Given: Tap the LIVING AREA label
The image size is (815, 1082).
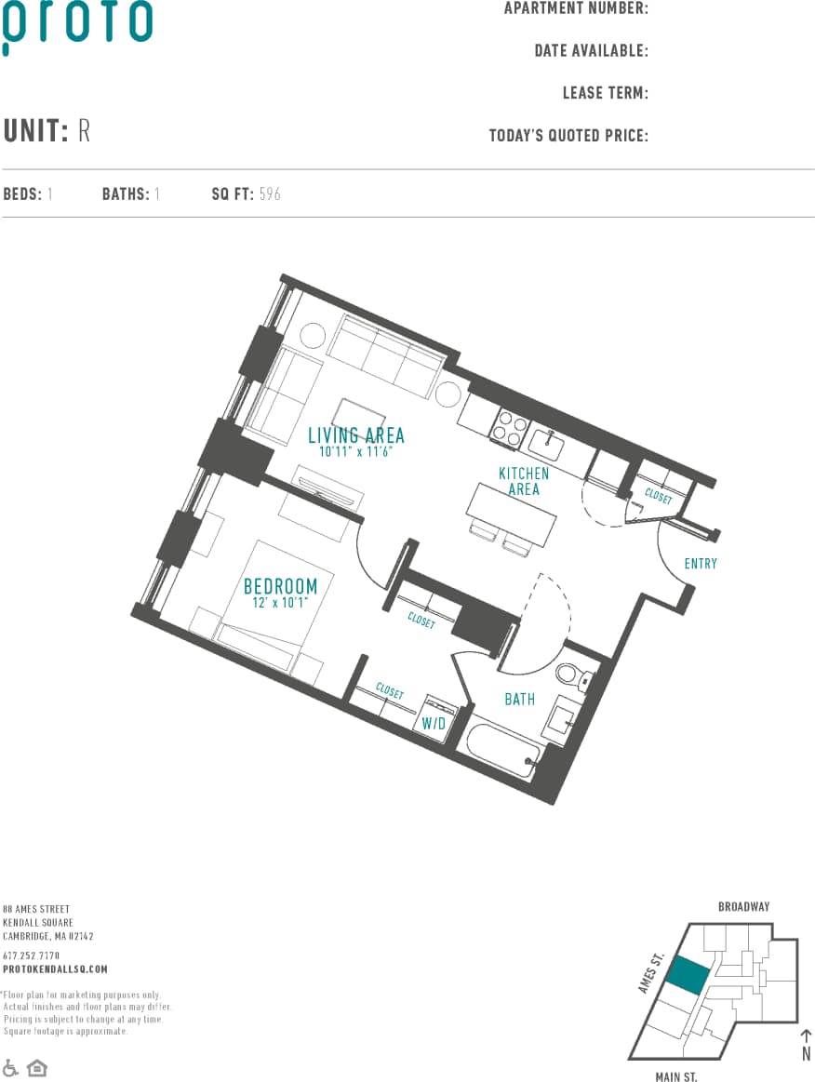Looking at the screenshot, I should coord(356,435).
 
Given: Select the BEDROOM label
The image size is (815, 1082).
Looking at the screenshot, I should coord(280,586).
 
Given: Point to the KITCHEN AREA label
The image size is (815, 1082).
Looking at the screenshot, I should coord(524,481).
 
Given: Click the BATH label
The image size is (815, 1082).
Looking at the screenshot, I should coord(519,699).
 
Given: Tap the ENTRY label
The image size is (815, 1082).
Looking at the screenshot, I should coord(701,563).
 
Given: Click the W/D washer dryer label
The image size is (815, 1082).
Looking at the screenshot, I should coord(434,723).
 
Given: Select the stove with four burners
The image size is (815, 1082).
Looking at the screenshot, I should coord(509,427).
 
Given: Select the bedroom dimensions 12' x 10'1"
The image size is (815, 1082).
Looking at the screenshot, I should coord(280,603).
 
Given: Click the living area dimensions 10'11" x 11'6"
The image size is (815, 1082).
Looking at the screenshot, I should coord(355,451).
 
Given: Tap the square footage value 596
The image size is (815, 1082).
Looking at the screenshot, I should coord(270,194).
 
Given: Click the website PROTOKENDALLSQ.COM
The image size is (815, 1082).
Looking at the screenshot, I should coord(55,968).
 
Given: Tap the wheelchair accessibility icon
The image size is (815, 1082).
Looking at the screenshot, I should coord(11,1067).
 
